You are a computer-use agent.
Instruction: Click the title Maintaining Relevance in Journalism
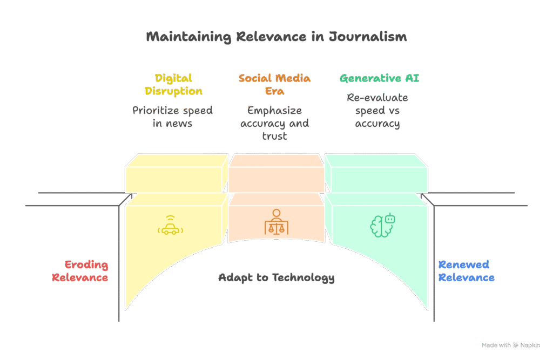[x=276, y=37]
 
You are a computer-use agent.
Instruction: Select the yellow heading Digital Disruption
[x=173, y=84]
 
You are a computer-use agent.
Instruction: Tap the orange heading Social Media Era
[x=274, y=84]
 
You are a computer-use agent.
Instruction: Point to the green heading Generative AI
[x=379, y=78]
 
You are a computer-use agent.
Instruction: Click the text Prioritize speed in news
[x=173, y=117]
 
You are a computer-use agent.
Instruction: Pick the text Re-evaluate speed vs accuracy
[x=377, y=110]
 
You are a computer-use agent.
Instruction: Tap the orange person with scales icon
[x=276, y=221]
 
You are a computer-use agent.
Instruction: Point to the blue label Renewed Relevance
[x=466, y=271]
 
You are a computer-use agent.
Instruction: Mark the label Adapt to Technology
[x=276, y=278]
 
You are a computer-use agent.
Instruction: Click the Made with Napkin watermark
[x=510, y=345]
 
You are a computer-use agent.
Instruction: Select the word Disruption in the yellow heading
[x=173, y=91]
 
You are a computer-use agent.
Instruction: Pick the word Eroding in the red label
[x=86, y=264]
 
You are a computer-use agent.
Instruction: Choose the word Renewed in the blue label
[x=456, y=264]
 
